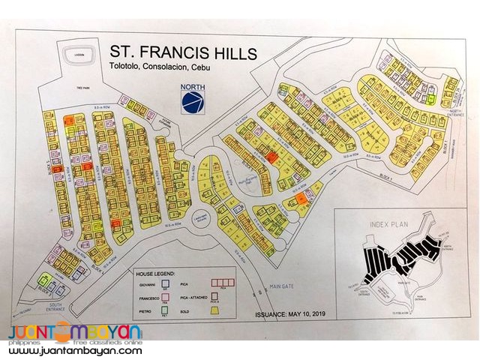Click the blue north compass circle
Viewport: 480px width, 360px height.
click(191, 100)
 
